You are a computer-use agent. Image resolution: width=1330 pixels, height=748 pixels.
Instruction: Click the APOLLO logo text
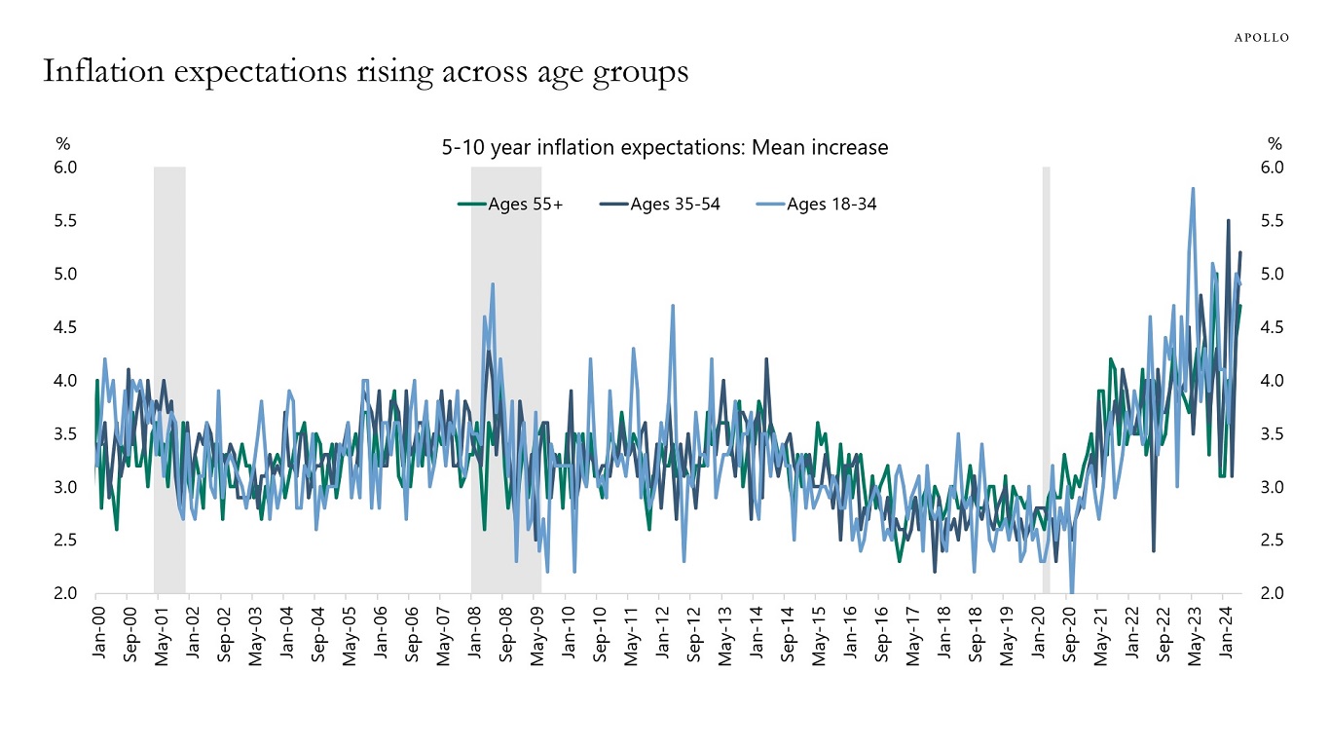pyautogui.click(x=1262, y=37)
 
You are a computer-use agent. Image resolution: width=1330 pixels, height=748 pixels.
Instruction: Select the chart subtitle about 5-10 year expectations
pyautogui.click(x=665, y=148)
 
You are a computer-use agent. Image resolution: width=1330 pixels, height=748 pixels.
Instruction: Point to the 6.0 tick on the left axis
pyautogui.click(x=64, y=168)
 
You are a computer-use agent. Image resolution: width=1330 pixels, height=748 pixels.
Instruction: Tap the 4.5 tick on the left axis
pyautogui.click(x=64, y=327)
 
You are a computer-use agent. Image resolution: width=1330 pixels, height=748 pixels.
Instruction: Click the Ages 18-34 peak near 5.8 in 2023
pyautogui.click(x=1193, y=189)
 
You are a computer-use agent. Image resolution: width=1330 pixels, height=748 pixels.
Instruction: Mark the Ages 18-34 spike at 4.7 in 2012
pyautogui.click(x=673, y=306)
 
